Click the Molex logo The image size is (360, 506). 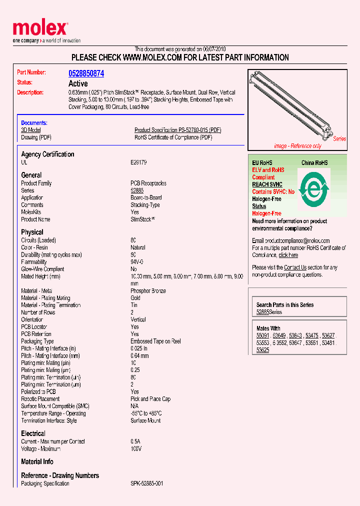click(x=40, y=29)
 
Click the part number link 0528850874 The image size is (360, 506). click(x=86, y=73)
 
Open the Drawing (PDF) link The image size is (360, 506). click(x=36, y=137)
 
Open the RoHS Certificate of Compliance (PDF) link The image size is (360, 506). click(x=173, y=137)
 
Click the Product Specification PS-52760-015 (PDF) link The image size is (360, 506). click(x=177, y=130)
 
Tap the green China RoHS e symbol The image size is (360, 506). click(x=314, y=190)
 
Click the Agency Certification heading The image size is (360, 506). click(x=47, y=154)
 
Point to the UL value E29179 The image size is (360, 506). click(x=139, y=162)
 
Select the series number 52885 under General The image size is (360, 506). click(x=137, y=190)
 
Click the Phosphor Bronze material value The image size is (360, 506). click(x=148, y=291)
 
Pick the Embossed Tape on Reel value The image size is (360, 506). click(x=155, y=341)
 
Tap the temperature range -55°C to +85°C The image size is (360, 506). click(x=146, y=413)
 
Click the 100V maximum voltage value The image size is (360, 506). click(x=136, y=449)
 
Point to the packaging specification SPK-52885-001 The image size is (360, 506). click(x=147, y=483)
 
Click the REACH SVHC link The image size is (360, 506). click(x=267, y=184)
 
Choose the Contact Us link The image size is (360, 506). click(x=295, y=267)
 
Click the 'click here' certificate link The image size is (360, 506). click(x=288, y=255)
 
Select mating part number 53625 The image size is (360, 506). click(x=262, y=350)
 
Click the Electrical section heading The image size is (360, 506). click(x=33, y=433)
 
